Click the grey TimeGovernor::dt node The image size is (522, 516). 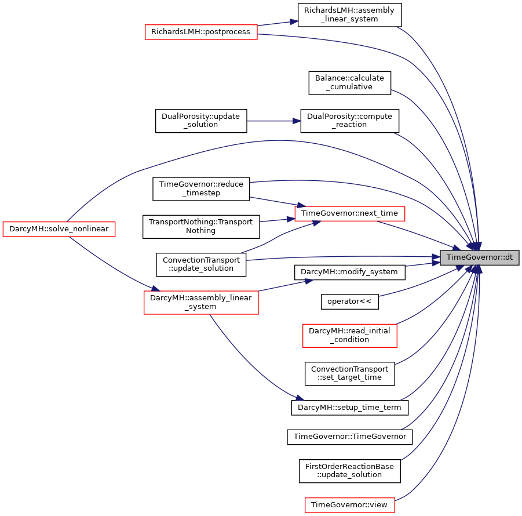pos(479,257)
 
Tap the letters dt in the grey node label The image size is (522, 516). pos(508,257)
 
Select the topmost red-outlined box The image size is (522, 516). pos(201,32)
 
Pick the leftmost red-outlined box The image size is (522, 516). pos(59,229)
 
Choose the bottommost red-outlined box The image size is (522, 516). pos(350,505)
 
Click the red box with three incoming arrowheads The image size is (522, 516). pos(349,213)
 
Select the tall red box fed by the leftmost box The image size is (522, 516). pos(201,303)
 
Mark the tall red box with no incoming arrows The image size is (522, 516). pos(350,336)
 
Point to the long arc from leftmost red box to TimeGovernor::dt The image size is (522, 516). pos(278,140)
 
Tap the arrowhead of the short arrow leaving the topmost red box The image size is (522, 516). pos(294,21)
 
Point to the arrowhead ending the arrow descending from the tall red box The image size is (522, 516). pos(300,398)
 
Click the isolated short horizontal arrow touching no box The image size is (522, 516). pos(272,121)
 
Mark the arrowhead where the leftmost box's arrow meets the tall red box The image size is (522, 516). pos(155,288)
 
